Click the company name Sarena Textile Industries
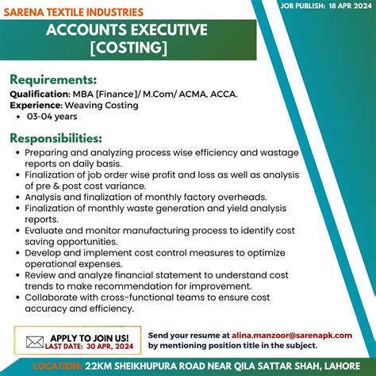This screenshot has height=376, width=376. coord(74,13)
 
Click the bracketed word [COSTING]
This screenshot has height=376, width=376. coord(128,48)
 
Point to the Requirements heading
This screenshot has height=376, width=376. coord(53,79)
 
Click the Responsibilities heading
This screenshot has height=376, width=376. coord(56,139)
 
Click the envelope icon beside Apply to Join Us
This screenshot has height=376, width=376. coord(33,342)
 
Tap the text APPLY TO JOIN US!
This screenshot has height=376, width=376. coord(90,337)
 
